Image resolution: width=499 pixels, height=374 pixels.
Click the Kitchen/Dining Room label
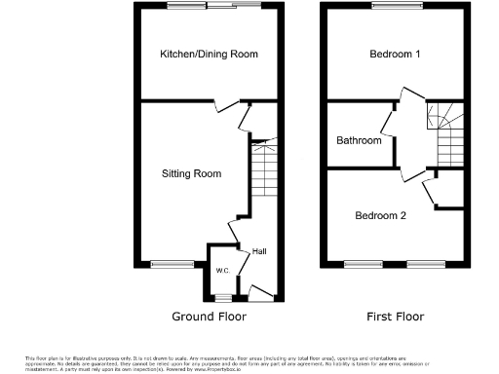[x=209, y=54]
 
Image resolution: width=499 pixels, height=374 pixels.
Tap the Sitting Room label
[x=191, y=174]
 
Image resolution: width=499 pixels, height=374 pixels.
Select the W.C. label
[x=221, y=270]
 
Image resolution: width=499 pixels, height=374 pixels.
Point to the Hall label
[x=259, y=252]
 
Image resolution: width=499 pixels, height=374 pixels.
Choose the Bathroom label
[x=359, y=140]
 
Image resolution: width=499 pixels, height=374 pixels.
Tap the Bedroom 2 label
[x=380, y=215]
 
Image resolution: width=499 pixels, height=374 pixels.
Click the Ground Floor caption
[x=209, y=317]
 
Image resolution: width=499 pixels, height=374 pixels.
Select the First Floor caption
[x=397, y=317]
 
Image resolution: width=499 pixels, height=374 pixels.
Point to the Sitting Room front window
[x=173, y=263]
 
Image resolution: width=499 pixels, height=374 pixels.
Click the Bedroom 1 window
[x=396, y=7]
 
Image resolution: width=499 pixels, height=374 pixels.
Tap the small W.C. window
[x=223, y=295]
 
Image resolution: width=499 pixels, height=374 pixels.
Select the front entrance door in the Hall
[x=260, y=289]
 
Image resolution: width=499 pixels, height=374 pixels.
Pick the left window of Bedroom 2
[x=364, y=263]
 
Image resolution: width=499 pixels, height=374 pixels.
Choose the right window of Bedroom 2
[x=426, y=263]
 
